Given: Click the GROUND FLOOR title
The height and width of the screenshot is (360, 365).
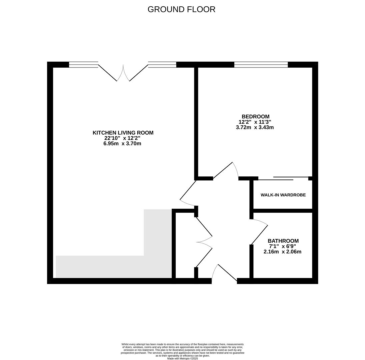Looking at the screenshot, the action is (x=181, y=10).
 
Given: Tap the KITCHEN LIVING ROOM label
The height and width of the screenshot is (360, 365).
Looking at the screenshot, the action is (x=123, y=133).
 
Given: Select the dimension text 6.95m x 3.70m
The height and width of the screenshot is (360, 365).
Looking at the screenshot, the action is (x=122, y=144).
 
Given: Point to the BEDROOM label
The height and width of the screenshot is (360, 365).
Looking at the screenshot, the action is (x=255, y=116).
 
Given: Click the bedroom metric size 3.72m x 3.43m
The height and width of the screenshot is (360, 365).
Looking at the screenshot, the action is (x=255, y=127).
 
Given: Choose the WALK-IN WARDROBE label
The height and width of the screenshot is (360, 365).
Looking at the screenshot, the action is (x=283, y=195).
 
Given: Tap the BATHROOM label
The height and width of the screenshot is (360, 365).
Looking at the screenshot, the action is (x=283, y=241).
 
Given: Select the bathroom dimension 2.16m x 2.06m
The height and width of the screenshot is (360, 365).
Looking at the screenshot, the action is (x=282, y=252).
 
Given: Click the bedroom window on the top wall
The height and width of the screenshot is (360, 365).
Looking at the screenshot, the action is (x=261, y=65).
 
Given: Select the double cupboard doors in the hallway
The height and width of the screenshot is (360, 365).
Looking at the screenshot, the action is (x=204, y=242).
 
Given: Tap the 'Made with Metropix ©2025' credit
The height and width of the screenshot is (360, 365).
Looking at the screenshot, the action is (x=182, y=359).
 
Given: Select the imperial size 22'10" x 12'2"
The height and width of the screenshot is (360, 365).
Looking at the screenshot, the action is (x=122, y=138).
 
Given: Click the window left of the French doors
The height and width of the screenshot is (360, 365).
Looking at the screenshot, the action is (x=84, y=65).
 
